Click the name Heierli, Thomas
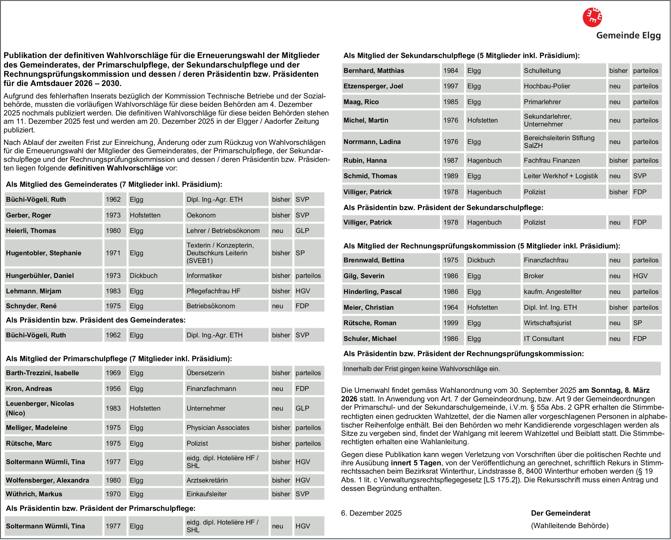[31, 231]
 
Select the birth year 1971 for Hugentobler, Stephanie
[113, 253]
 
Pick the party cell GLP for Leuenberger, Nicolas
[302, 408]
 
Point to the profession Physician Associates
[218, 428]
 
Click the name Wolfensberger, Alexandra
[47, 480]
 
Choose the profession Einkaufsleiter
[207, 494]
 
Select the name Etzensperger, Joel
[373, 86]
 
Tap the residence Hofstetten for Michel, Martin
[482, 120]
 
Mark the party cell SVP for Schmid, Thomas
[639, 176]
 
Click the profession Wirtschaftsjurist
[547, 323]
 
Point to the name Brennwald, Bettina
[374, 260]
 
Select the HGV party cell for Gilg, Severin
[640, 276]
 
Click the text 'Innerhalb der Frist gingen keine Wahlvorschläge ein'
[422, 369]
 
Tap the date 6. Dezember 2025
[371, 513]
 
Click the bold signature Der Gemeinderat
[561, 513]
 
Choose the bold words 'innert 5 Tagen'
[416, 463]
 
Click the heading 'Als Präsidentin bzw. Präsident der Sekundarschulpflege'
[443, 208]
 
